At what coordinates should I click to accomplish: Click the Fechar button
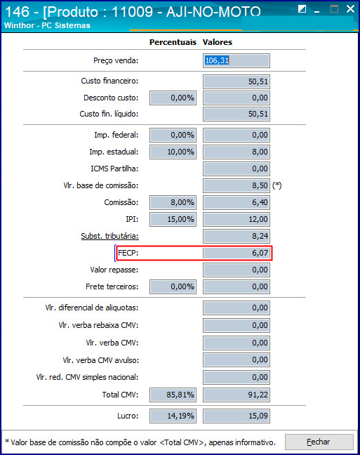point(319,442)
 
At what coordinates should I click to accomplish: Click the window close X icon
point(350,9)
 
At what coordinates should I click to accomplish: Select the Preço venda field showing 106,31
point(236,60)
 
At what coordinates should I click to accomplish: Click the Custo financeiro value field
point(236,81)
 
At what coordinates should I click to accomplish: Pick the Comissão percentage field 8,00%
point(173,202)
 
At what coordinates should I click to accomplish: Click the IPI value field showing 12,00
point(236,219)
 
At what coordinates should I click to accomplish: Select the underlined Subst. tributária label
point(109,236)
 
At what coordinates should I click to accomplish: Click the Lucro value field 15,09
point(236,416)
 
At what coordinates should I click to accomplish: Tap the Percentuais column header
point(173,42)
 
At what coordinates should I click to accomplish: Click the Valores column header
point(218,42)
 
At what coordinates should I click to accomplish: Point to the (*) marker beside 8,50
point(277,185)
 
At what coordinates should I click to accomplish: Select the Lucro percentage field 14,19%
point(173,416)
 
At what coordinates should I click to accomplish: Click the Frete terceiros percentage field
point(173,286)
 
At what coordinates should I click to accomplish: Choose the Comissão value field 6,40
point(236,202)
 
